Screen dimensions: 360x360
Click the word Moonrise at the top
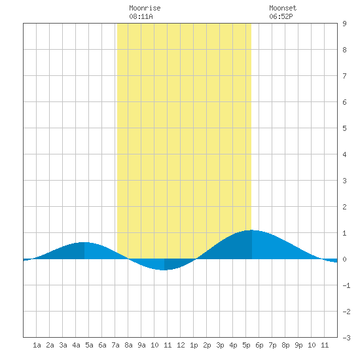[x=145, y=8]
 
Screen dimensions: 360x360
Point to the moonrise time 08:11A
[x=141, y=16]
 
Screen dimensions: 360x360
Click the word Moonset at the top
[x=283, y=8]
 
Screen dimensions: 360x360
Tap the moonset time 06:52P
[x=281, y=16]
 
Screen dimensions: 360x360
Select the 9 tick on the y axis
[x=344, y=24]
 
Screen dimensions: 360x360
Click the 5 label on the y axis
[x=344, y=128]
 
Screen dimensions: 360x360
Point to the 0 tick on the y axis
[x=344, y=259]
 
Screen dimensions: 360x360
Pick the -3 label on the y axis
[x=346, y=338]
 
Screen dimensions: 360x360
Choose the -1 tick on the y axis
[x=346, y=285]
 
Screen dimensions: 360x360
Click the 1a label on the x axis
[x=37, y=345]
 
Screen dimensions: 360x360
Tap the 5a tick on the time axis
[x=89, y=345]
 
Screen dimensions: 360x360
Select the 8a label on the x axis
[x=128, y=345]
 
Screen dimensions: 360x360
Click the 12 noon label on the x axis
[x=181, y=345]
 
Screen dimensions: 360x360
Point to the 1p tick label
[x=194, y=345]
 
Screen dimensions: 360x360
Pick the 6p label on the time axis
[x=259, y=345]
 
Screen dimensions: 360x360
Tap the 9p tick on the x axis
[x=298, y=345]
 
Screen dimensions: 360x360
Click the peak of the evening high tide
[x=252, y=230]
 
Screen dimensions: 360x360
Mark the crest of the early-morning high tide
[x=84, y=242]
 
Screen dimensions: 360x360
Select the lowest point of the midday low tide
[x=164, y=270]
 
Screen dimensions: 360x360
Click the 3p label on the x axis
[x=220, y=345]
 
